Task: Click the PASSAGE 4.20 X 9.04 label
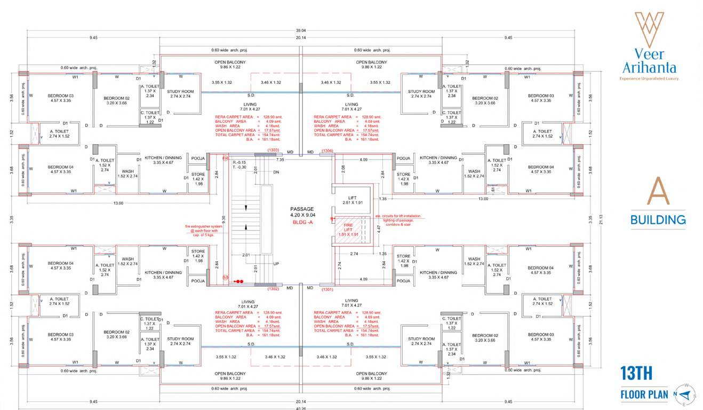click(x=302, y=212)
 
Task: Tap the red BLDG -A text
click(x=302, y=222)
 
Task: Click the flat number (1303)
click(x=274, y=150)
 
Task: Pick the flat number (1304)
click(x=327, y=151)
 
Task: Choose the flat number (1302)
click(x=274, y=289)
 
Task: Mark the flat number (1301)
click(x=327, y=289)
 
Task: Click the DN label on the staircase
click(x=276, y=172)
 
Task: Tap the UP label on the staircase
click(x=276, y=264)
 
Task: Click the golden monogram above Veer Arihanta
click(x=649, y=29)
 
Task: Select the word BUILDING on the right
click(x=658, y=219)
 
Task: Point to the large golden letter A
click(x=658, y=191)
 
